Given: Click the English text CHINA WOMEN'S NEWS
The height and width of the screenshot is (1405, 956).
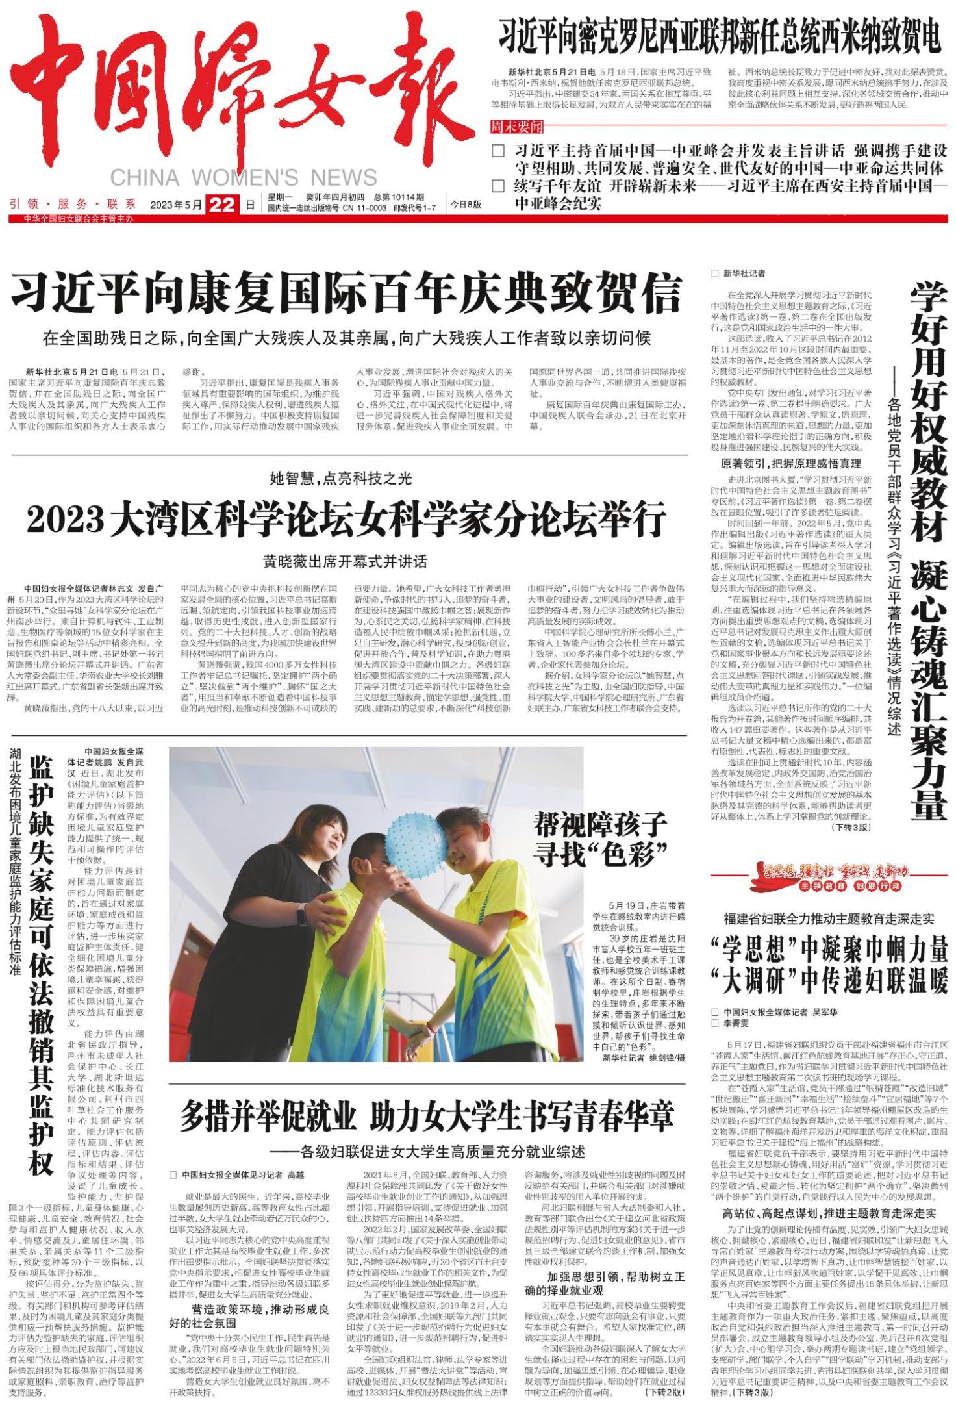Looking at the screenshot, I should (x=244, y=177).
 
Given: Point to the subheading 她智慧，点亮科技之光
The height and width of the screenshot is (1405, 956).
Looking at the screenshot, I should (x=341, y=479).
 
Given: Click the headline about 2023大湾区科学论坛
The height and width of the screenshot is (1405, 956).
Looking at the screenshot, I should (x=347, y=520).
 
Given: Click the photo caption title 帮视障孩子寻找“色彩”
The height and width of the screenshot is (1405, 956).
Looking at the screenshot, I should (x=600, y=839).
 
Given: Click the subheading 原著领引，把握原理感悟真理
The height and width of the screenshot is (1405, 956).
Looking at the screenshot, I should (x=792, y=463).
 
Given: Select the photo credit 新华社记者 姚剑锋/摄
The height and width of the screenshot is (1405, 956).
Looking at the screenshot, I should (x=643, y=1057).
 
